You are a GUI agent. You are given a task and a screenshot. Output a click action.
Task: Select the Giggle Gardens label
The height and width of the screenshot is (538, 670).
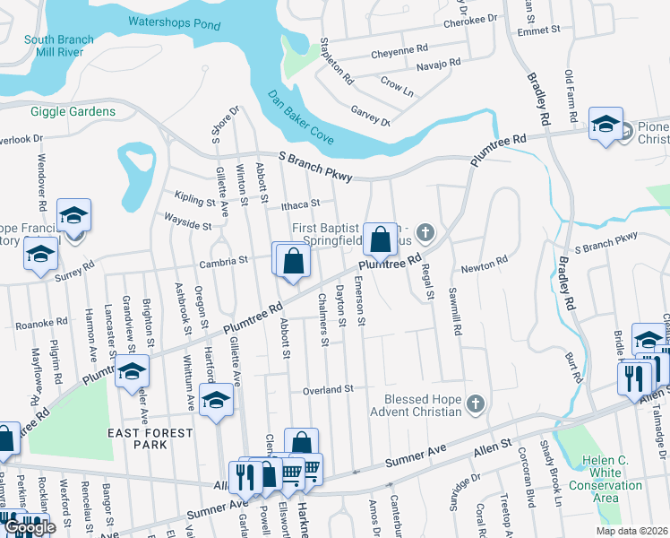tap(73, 111)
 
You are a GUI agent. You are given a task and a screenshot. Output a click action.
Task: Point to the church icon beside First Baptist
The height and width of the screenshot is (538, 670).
tap(425, 233)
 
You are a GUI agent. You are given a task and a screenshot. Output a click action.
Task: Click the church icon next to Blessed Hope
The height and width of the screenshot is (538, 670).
tap(475, 405)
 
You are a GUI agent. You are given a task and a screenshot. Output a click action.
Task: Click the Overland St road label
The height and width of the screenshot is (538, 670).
tap(329, 389)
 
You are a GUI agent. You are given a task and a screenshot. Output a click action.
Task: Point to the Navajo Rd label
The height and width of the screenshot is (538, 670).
tap(438, 65)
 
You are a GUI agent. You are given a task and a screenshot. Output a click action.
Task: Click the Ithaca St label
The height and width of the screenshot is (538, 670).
tap(299, 204)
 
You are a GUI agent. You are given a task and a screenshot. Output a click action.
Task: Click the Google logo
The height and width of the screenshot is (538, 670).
tap(30, 527)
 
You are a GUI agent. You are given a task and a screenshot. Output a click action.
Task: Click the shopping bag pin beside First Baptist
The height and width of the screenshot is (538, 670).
tap(381, 239)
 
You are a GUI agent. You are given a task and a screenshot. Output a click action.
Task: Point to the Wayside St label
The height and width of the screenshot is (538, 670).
tap(187, 219)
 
